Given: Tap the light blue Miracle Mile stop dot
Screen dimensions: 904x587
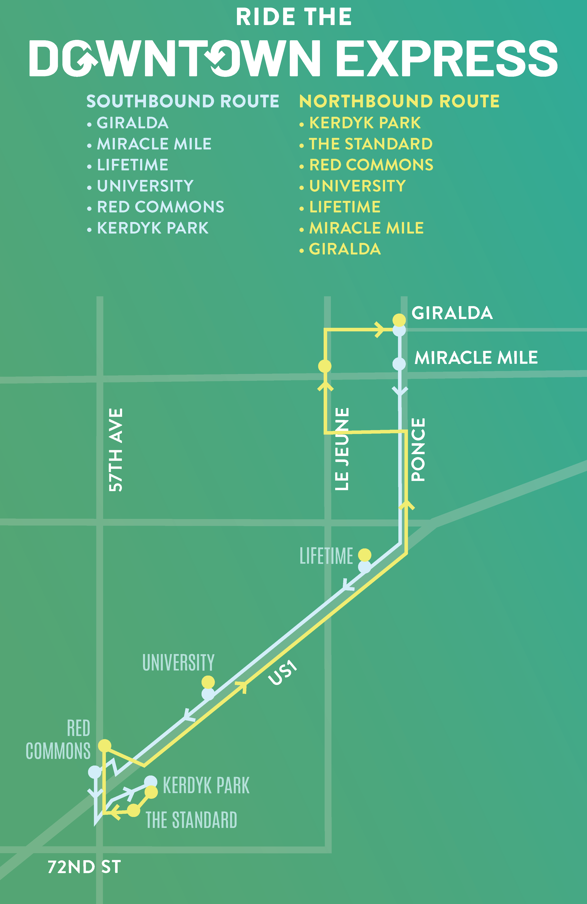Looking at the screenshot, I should [x=399, y=364].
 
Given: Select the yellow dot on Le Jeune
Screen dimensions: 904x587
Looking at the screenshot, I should [x=324, y=366].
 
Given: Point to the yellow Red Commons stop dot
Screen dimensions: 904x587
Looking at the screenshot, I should [x=104, y=746].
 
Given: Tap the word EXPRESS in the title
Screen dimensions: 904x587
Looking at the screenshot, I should [x=447, y=58].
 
